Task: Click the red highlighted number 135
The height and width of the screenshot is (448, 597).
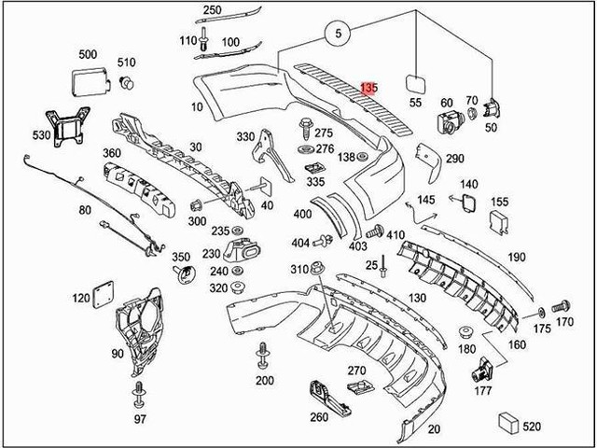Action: point(369,88)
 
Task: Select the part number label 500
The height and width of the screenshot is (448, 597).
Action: point(88,55)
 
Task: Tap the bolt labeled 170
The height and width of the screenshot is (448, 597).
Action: point(561,305)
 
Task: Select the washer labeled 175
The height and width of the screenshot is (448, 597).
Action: point(540,310)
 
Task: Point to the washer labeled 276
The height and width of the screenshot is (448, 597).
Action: point(305,148)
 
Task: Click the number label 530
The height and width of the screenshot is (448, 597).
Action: point(41,135)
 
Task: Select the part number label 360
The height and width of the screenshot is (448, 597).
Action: point(110,153)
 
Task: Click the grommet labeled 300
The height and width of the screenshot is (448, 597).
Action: point(198,205)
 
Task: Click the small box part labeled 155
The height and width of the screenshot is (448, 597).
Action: point(499,220)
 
